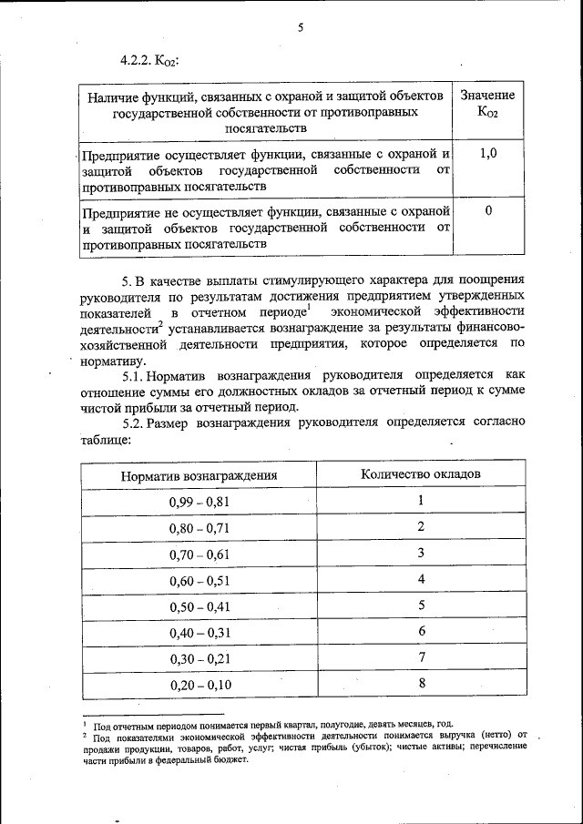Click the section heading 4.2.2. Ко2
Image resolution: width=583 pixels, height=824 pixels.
tap(148, 61)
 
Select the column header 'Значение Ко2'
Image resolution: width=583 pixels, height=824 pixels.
tap(487, 104)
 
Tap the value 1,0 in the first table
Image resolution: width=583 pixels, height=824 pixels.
tap(488, 153)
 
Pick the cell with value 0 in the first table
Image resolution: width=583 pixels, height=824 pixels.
tap(488, 211)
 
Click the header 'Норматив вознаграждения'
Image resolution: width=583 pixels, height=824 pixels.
tap(199, 475)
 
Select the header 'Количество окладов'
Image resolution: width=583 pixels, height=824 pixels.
tap(421, 473)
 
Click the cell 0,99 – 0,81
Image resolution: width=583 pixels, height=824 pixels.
tap(199, 502)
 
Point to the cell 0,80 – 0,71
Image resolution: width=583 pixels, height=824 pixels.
tap(199, 528)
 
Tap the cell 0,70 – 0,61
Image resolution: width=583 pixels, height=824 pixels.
tap(199, 554)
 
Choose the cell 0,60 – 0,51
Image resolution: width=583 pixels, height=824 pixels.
tap(199, 580)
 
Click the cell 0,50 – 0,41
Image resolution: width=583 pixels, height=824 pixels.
tap(199, 605)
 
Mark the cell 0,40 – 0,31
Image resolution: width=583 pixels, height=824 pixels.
tap(199, 632)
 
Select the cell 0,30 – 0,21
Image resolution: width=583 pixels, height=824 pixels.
tap(199, 657)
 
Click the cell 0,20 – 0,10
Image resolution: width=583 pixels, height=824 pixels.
tap(199, 684)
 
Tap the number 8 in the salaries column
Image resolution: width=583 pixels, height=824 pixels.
tap(422, 683)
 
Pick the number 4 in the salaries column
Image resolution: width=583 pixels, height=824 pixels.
tap(422, 579)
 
